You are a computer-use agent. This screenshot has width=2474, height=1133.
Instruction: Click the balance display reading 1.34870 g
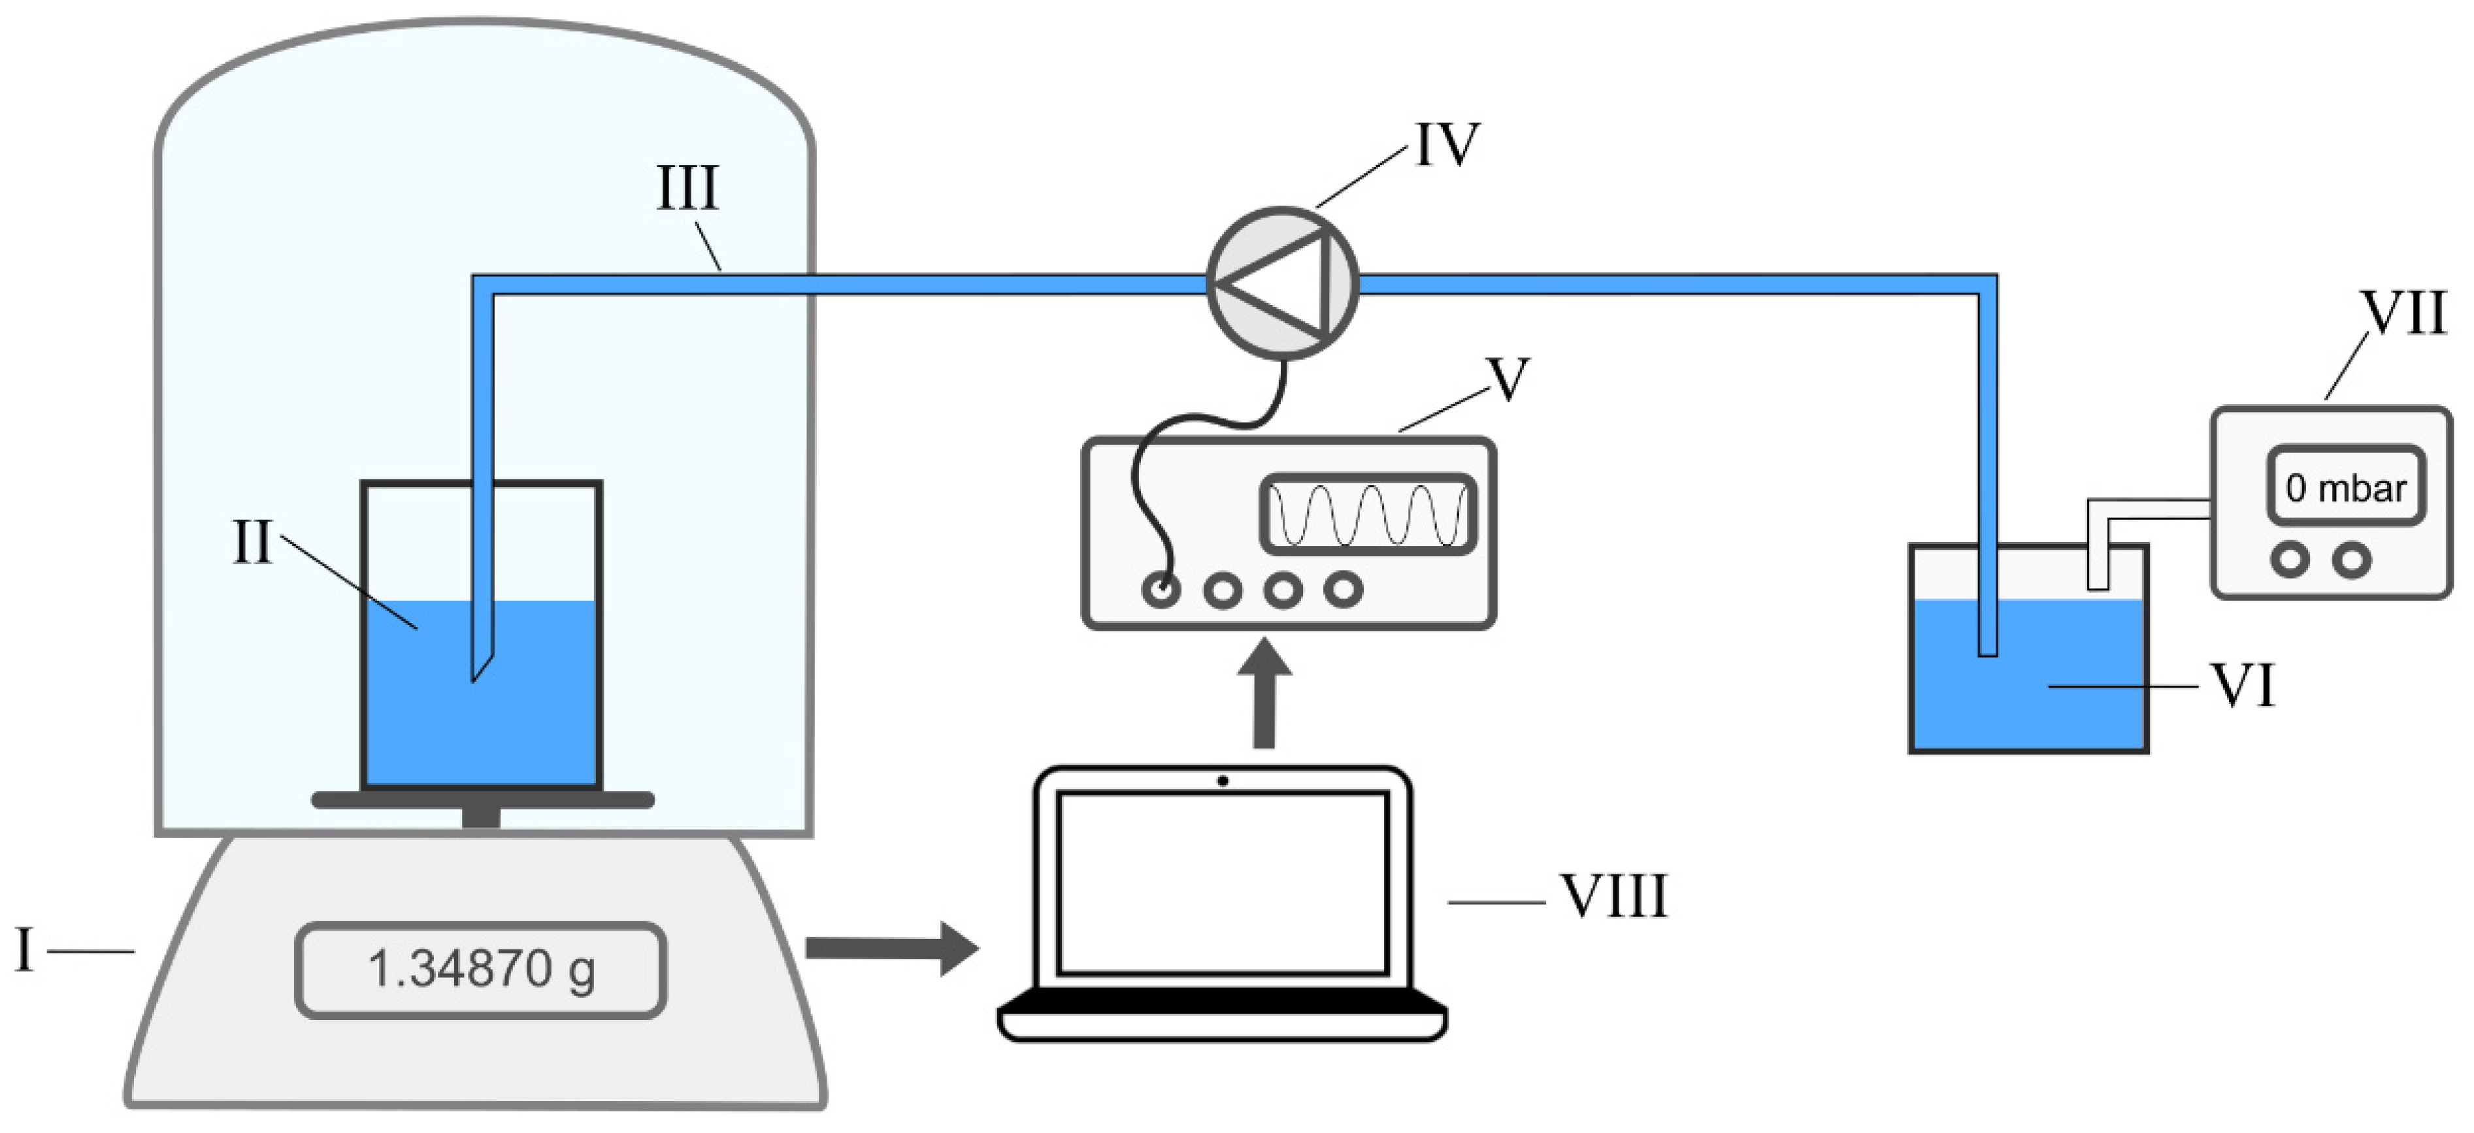480,970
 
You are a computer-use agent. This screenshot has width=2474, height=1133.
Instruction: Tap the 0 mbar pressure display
2345,486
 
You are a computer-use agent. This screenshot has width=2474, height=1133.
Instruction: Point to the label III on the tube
687,187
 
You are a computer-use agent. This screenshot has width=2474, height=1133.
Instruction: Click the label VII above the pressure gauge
2403,312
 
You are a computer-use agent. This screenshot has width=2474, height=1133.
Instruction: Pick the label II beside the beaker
253,543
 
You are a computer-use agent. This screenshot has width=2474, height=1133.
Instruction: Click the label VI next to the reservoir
2243,686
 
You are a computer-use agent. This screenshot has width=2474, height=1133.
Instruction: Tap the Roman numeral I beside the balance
25,951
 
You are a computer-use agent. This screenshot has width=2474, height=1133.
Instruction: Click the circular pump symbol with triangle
1281,284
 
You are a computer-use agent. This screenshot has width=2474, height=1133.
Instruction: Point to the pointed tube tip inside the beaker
474,672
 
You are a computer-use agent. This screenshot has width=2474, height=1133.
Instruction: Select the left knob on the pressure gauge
2290,560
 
